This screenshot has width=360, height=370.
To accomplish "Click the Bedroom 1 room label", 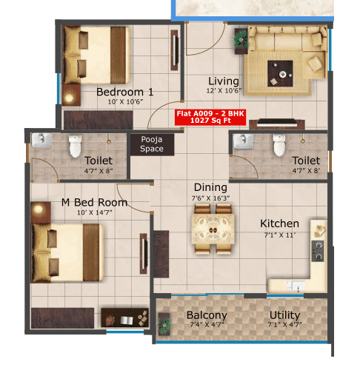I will pos(125,92).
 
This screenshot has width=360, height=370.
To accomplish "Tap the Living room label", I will pos(223,81).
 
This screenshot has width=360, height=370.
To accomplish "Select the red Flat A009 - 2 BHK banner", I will pos(208,117).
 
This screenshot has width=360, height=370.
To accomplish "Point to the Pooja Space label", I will pos(152,144).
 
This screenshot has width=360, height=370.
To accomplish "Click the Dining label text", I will pos(210,188).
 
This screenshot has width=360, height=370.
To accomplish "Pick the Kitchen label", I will pos(279,223).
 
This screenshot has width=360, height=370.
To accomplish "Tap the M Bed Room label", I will pos(94,202).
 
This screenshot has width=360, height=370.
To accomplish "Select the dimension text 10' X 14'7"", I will pos(94,214).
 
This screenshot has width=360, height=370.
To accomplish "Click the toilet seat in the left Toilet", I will pos(74,147).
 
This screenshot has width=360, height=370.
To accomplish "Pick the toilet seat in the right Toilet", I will pos(279,147).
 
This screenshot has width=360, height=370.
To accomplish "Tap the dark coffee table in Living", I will pos(281,72).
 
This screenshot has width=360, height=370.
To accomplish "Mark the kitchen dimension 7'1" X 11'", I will pos(279,235).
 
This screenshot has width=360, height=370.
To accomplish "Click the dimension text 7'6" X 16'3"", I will pos(210,199).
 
